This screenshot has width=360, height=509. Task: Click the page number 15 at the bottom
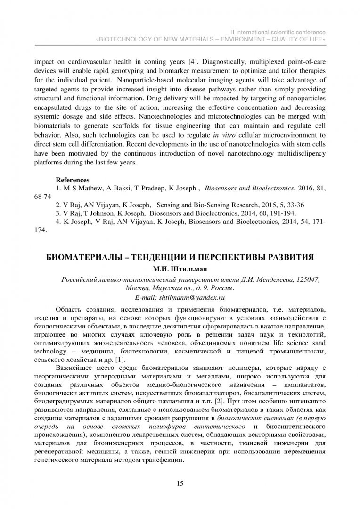[180, 484]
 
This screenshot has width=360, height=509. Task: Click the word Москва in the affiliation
[139, 289]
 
